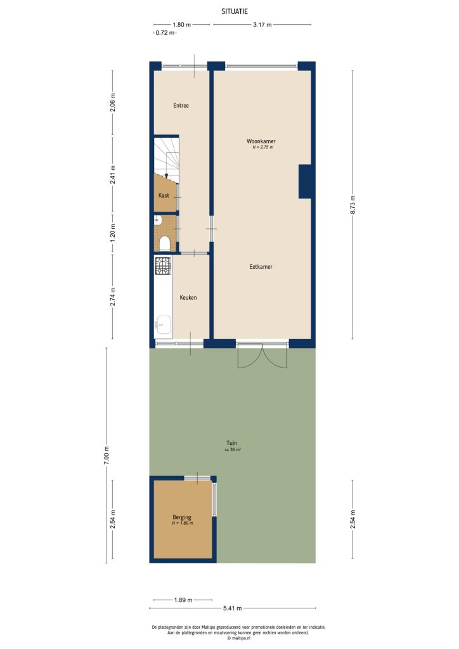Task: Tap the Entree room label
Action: click(181, 105)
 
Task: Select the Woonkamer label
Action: click(262, 141)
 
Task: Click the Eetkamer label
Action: click(261, 267)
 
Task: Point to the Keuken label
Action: click(188, 297)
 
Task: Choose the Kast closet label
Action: click(164, 196)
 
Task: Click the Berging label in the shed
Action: click(181, 517)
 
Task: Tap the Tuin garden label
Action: click(232, 443)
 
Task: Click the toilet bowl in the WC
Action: click(164, 243)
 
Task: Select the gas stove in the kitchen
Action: click(163, 266)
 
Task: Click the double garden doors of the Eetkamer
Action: click(262, 357)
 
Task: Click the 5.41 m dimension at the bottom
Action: click(231, 609)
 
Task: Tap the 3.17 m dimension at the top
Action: click(262, 25)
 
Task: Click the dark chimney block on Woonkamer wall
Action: click(305, 181)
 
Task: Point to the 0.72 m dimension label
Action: click(165, 33)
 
